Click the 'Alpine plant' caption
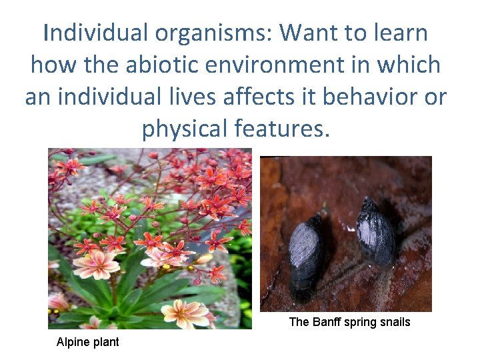(87, 342)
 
